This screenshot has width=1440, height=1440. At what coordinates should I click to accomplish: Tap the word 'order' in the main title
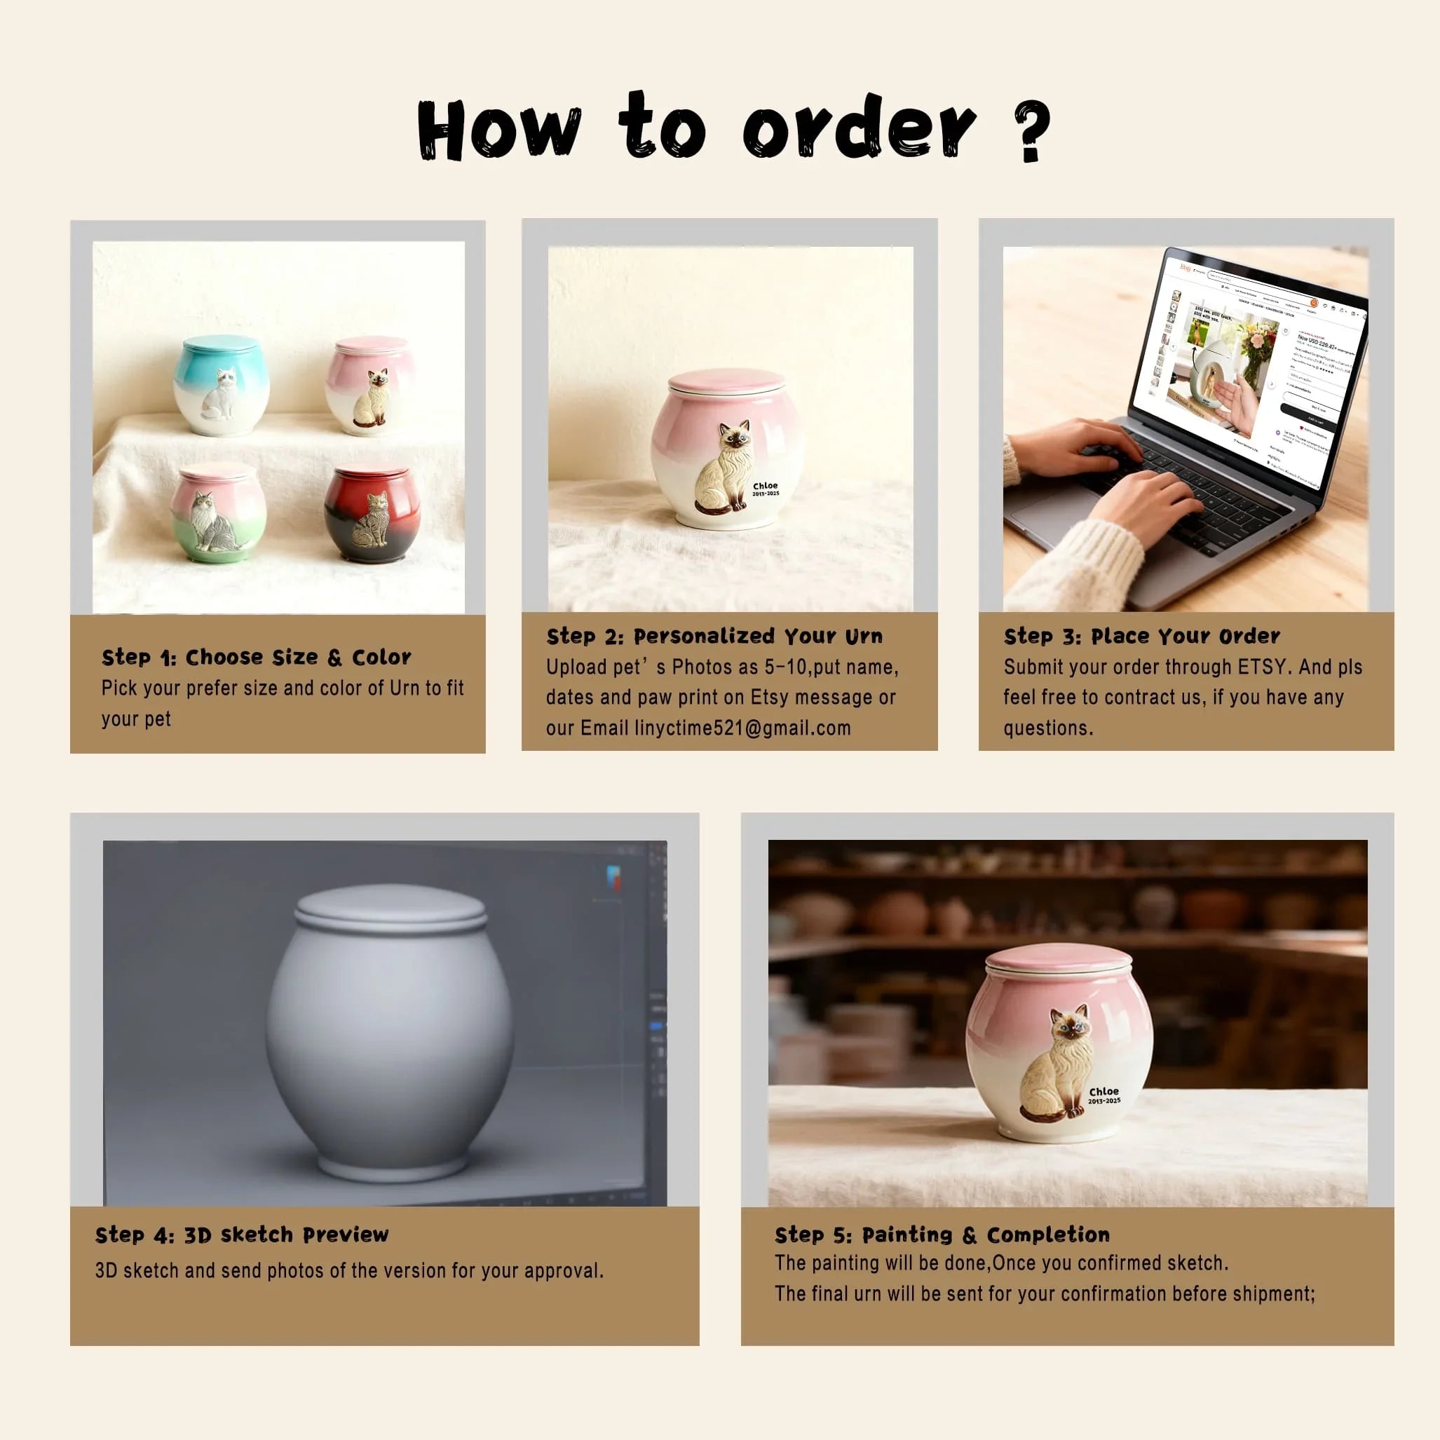pyautogui.click(x=859, y=128)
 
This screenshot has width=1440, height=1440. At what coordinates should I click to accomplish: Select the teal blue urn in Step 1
pyautogui.click(x=222, y=386)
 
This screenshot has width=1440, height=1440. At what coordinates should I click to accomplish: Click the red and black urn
pyautogui.click(x=372, y=515)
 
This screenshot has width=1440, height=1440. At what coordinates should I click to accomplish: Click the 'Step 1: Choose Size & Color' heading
pyautogui.click(x=256, y=658)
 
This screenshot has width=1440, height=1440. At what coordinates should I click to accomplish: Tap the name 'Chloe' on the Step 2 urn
pyautogui.click(x=765, y=486)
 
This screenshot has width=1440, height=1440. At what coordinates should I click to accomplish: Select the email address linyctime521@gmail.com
pyautogui.click(x=742, y=728)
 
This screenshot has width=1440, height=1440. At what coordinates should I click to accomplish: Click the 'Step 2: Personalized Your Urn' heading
pyautogui.click(x=714, y=637)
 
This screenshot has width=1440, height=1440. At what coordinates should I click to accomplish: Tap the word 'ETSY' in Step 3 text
pyautogui.click(x=1262, y=667)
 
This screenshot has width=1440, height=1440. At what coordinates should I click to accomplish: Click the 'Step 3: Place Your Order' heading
pyautogui.click(x=1141, y=637)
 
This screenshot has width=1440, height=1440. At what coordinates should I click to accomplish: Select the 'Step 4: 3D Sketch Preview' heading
pyautogui.click(x=241, y=1235)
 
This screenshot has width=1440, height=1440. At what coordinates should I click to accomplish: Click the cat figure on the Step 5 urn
pyautogui.click(x=1059, y=1066)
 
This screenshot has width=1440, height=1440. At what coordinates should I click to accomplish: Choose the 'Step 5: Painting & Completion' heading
pyautogui.click(x=942, y=1235)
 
